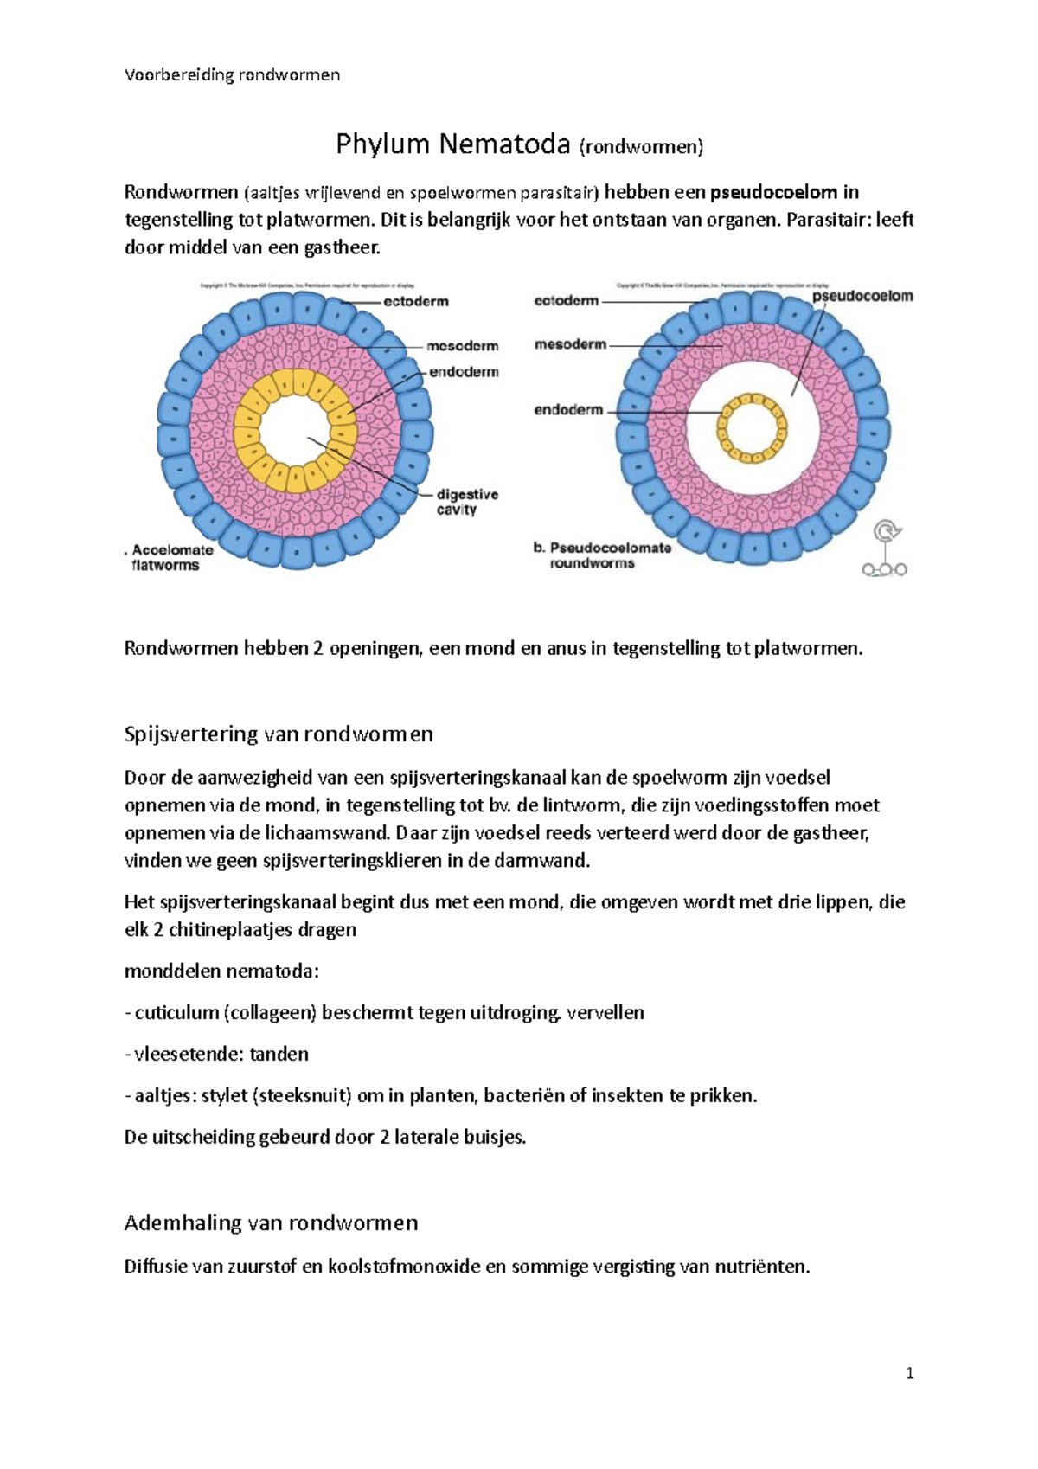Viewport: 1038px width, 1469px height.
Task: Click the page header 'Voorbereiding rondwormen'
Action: (232, 74)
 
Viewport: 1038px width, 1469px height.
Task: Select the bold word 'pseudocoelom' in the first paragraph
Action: (773, 192)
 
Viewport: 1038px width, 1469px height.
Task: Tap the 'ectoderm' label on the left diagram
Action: (416, 302)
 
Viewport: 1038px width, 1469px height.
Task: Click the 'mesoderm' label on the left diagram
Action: (462, 346)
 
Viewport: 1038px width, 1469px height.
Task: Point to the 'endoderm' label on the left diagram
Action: (465, 372)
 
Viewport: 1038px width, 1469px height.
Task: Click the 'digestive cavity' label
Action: (466, 502)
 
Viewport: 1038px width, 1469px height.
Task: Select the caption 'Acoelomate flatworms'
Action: (170, 557)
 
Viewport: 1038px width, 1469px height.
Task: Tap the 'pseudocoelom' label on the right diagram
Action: (862, 296)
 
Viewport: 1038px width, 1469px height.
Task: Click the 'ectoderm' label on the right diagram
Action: (567, 301)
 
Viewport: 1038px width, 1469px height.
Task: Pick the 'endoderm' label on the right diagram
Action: (568, 410)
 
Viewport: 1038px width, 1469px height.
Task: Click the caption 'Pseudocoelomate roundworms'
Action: (604, 555)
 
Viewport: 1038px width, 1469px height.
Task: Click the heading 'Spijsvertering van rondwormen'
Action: (279, 734)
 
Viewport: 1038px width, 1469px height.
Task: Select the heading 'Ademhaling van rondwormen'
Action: (271, 1222)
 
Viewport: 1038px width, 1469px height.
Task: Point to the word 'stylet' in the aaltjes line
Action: (224, 1095)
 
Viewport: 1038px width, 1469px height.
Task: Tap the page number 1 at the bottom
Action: (909, 1373)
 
